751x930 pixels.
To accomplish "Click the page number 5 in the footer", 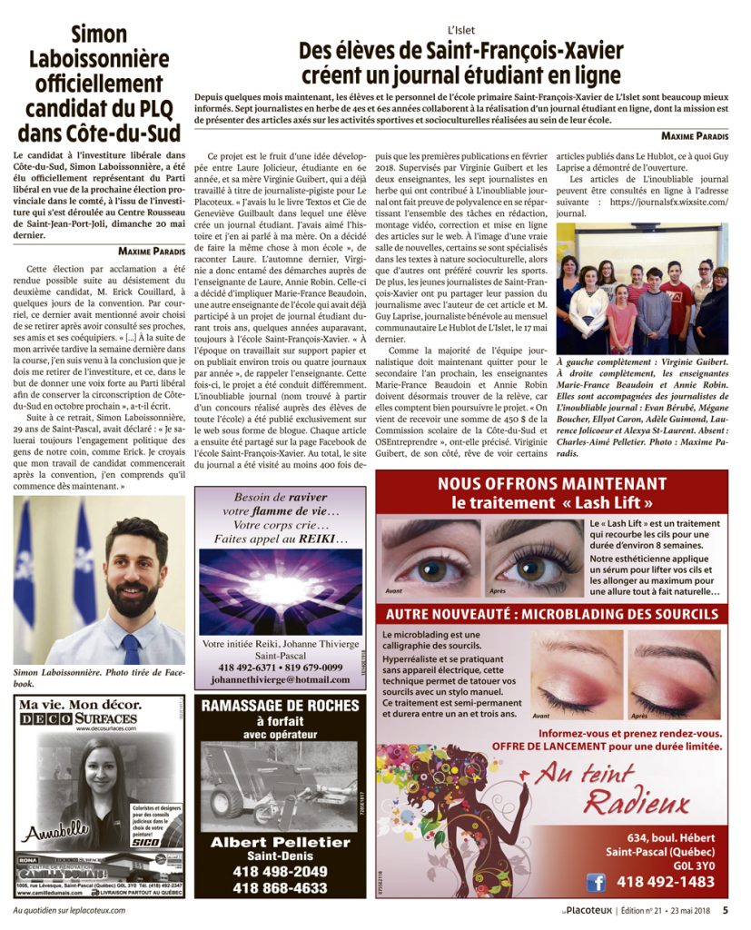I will click(726, 909).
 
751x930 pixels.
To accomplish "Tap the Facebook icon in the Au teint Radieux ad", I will click(596, 882).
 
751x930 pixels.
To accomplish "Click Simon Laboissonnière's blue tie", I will click(132, 648).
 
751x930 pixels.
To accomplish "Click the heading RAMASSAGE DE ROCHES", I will click(280, 706).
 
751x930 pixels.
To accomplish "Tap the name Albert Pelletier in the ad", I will click(280, 842).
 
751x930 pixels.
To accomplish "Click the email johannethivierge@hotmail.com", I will click(280, 679).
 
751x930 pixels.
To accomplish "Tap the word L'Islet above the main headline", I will click(461, 29).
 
